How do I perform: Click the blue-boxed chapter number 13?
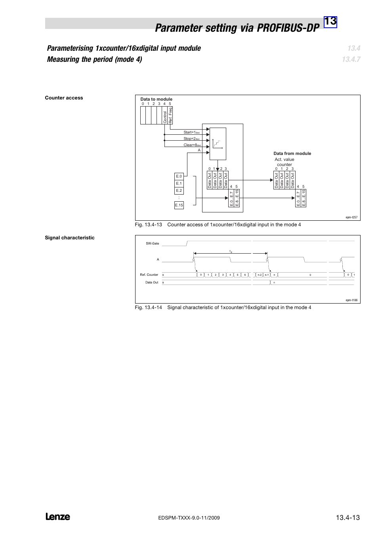point(330,22)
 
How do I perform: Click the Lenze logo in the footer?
point(58,516)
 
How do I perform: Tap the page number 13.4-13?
point(347,517)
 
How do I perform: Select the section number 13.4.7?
point(351,59)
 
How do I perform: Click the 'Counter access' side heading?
point(64,98)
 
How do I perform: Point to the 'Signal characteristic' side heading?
point(69,238)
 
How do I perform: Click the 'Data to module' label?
point(156,99)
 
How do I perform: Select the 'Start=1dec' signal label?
point(191,132)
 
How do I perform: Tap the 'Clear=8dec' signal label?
point(192,145)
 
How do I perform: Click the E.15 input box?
point(179,205)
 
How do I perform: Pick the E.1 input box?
point(179,183)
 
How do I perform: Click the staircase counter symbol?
point(217,143)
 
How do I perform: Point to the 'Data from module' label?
point(292,153)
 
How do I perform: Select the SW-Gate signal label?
point(152,243)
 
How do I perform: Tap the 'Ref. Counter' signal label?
point(149,275)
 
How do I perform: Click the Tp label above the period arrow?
point(231,251)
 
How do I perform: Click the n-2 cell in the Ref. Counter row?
point(259,275)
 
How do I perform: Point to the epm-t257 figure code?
point(351,217)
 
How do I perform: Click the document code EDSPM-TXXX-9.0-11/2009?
point(189,518)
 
